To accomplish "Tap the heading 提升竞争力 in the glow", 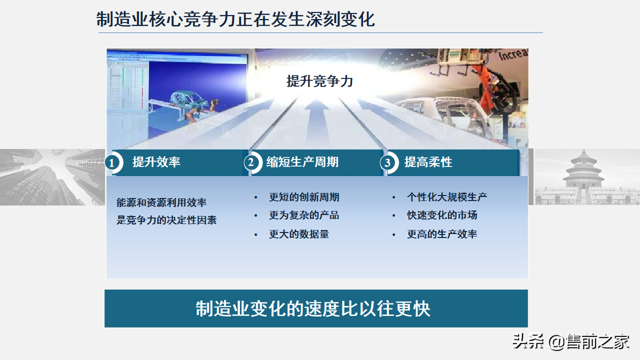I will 319,81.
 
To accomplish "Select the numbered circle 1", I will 112,162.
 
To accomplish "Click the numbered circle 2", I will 251,162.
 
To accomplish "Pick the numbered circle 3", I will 387,162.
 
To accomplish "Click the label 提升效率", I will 156,162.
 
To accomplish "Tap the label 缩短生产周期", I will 302,162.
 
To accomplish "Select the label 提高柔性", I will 428,162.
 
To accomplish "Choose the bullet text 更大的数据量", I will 299,234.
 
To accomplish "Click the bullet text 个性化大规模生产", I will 447,197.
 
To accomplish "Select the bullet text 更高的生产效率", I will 442,234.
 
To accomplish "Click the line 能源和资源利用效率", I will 161,202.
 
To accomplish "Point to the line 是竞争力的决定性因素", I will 166,220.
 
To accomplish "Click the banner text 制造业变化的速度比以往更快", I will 313,308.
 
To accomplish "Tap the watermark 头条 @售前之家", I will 570,342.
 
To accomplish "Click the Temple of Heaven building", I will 582,172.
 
